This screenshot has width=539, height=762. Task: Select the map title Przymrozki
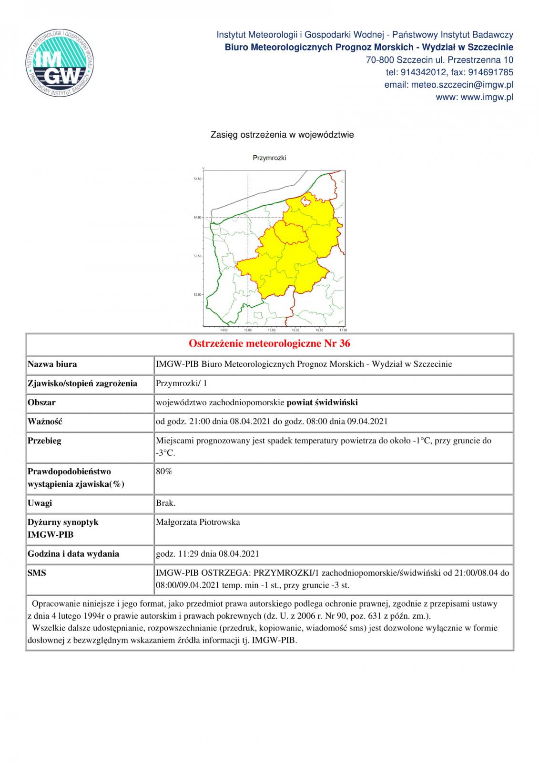(x=269, y=158)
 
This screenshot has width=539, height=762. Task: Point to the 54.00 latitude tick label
(x=197, y=218)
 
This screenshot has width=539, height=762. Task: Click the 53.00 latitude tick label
(x=197, y=294)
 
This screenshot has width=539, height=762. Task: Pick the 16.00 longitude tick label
(x=295, y=330)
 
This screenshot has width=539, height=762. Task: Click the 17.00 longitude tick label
(x=343, y=330)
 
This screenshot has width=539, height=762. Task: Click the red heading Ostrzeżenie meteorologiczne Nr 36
(x=269, y=343)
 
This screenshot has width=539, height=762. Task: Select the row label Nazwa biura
(x=52, y=364)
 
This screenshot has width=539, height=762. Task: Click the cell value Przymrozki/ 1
(x=182, y=383)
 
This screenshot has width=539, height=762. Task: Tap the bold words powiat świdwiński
(x=322, y=402)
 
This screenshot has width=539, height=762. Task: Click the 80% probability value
(x=164, y=471)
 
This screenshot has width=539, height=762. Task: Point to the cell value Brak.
(x=166, y=503)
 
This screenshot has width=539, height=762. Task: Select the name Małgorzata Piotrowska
(x=198, y=522)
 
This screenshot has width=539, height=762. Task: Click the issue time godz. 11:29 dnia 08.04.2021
(x=207, y=553)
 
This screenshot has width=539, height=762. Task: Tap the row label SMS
(x=37, y=573)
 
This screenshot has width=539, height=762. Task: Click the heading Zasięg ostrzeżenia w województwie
(x=282, y=135)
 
